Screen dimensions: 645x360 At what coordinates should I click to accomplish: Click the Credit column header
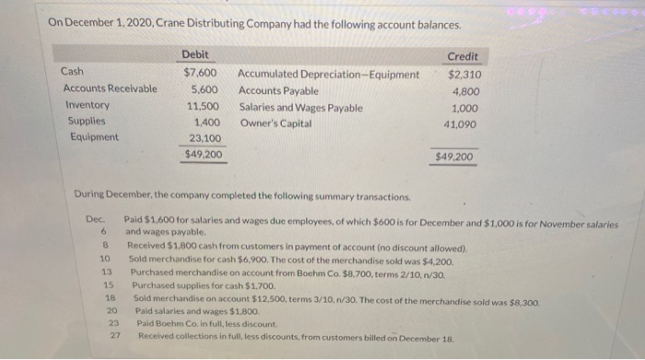point(462,57)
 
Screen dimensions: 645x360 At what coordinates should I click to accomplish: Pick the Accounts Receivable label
point(110,89)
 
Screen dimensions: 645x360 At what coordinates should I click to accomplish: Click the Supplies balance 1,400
point(205,122)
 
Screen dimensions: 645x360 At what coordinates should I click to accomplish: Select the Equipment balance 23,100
point(202,138)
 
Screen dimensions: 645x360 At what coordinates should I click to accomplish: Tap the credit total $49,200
point(454,157)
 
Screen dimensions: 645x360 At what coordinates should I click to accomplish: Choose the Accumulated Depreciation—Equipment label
point(328,74)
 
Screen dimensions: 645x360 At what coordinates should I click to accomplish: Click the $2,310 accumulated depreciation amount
point(464,75)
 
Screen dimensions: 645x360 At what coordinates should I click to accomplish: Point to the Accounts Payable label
point(278,90)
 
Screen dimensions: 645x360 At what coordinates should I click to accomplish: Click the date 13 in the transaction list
point(106,273)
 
